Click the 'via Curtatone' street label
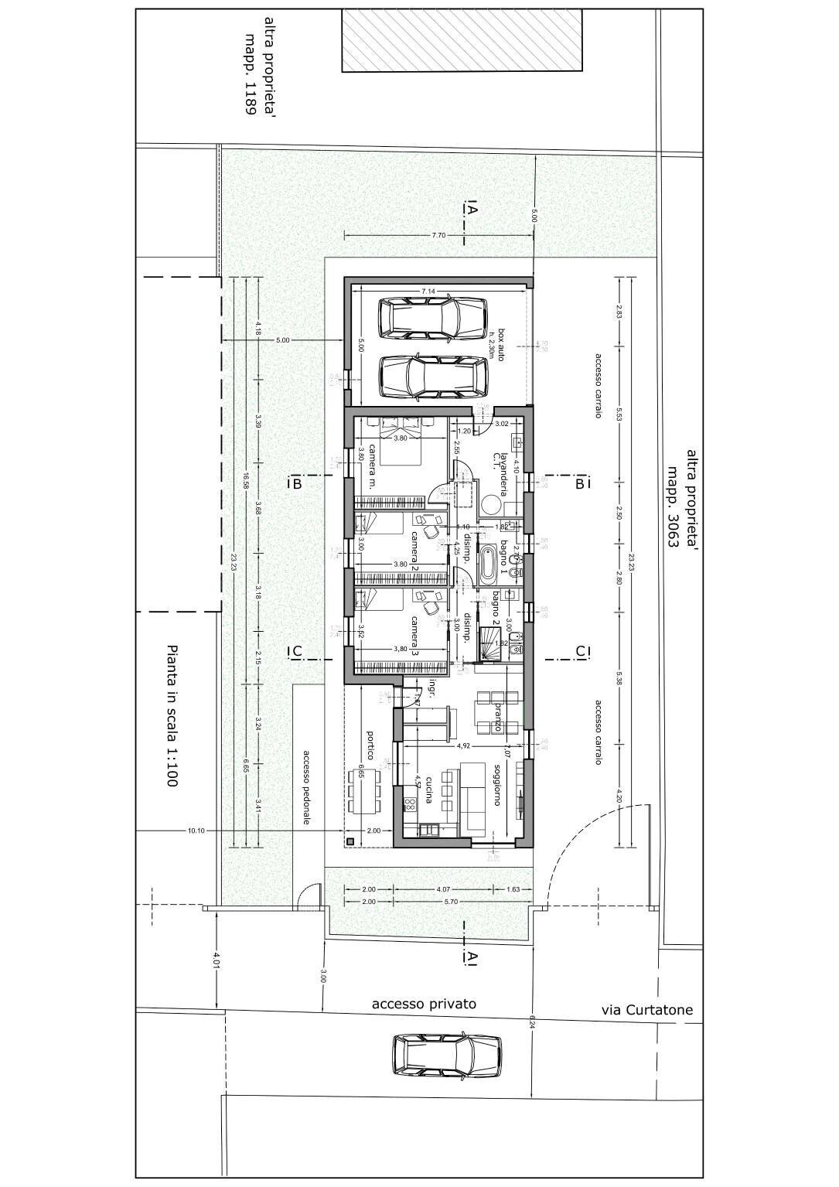tap(646, 1010)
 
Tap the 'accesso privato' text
tap(424, 1005)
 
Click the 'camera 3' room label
tap(414, 636)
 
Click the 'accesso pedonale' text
tap(307, 787)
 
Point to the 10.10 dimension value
tap(196, 831)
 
